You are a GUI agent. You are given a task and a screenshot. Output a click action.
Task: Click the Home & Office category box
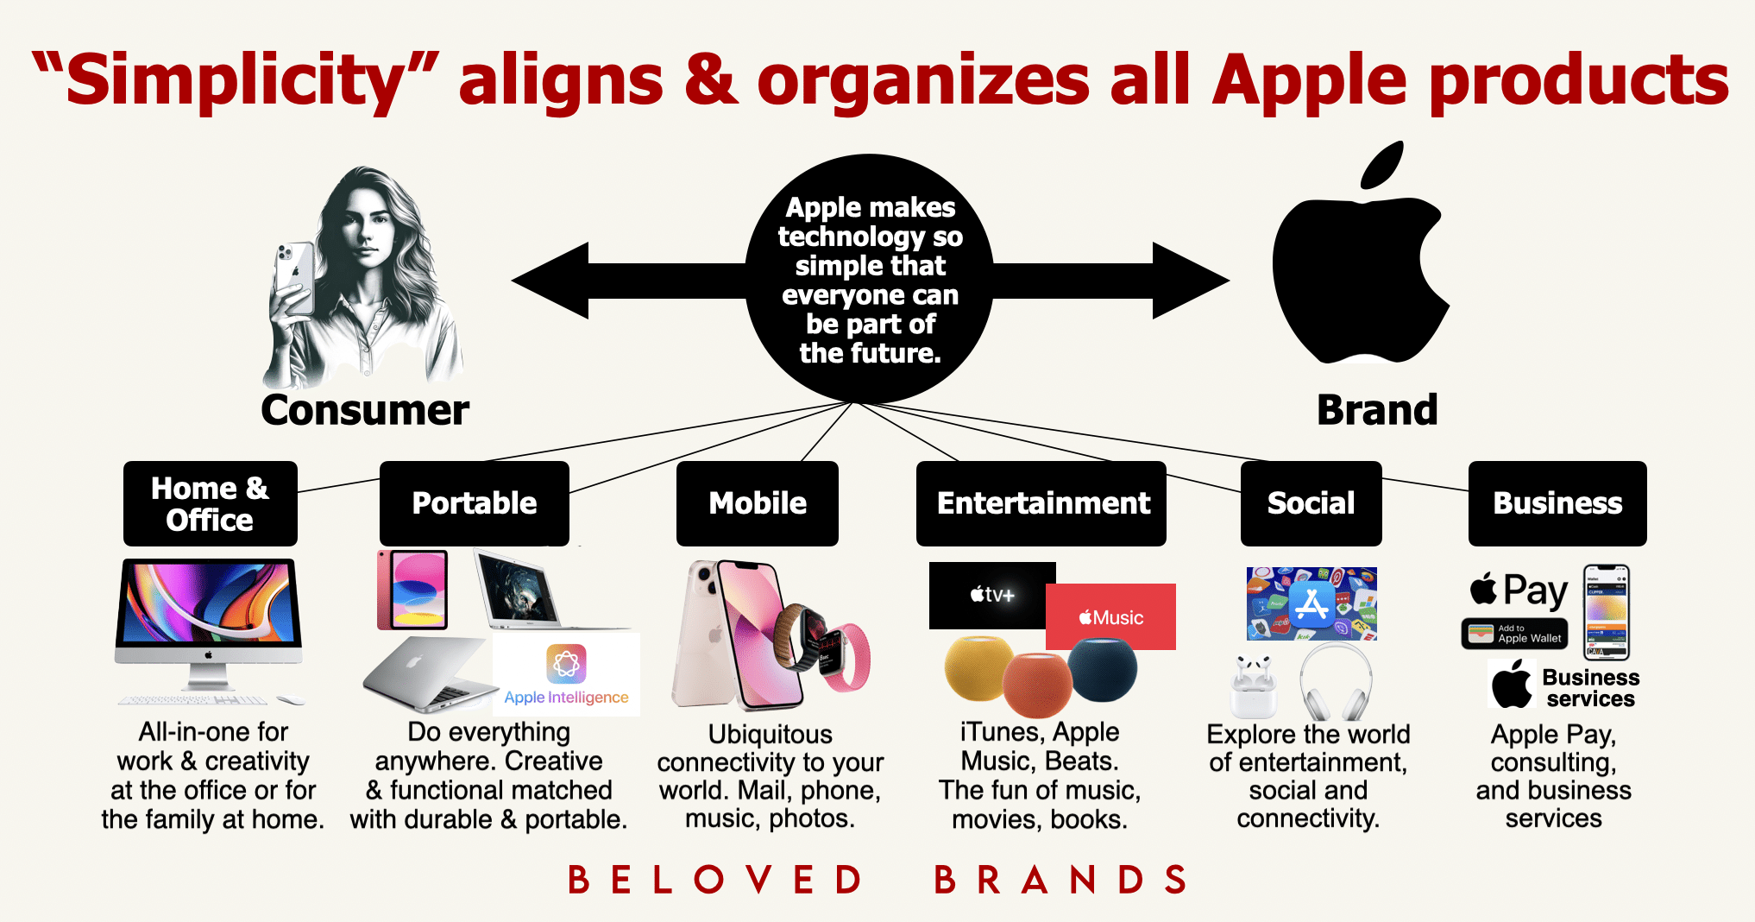pyautogui.click(x=211, y=503)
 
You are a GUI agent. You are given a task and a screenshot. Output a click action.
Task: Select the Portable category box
pyautogui.click(x=475, y=503)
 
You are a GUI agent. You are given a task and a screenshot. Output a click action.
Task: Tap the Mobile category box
pyautogui.click(x=758, y=503)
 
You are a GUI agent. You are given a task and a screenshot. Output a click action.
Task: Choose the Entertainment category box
pyautogui.click(x=1041, y=503)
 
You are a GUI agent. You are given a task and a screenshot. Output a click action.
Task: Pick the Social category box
pyautogui.click(x=1312, y=503)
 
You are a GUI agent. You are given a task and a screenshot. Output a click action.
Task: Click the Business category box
pyautogui.click(x=1557, y=503)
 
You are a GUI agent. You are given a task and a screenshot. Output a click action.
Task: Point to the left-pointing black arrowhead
pyautogui.click(x=550, y=281)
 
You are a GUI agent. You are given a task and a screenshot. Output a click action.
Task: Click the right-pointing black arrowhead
pyautogui.click(x=1191, y=281)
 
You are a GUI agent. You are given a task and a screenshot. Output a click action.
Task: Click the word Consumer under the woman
pyautogui.click(x=365, y=409)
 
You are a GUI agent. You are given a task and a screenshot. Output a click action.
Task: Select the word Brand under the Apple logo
pyautogui.click(x=1377, y=409)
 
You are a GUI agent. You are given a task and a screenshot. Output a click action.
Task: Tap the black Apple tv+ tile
pyautogui.click(x=992, y=595)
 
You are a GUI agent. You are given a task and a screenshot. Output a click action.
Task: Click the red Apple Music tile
pyautogui.click(x=1110, y=616)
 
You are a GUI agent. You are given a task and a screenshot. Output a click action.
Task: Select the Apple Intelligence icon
pyautogui.click(x=566, y=664)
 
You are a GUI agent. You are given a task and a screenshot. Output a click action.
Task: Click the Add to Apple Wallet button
pyautogui.click(x=1514, y=634)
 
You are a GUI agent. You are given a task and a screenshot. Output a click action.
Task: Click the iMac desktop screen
pyautogui.click(x=209, y=603)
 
